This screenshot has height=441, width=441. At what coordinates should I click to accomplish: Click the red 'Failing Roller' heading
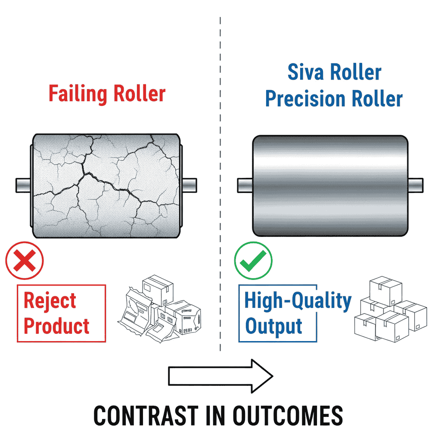[x=107, y=93]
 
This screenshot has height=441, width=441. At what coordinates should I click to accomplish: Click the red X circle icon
[x=24, y=261]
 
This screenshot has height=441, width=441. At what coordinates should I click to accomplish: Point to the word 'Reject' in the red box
[x=50, y=301]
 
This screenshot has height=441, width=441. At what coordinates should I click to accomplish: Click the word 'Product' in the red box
[x=56, y=326]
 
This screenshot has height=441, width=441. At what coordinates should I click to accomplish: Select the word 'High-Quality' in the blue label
[x=298, y=301]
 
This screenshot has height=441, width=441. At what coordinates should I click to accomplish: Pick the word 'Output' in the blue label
[x=273, y=326]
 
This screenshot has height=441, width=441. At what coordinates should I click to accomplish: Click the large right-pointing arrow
[x=220, y=376]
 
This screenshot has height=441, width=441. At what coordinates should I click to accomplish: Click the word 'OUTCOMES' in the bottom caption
[x=288, y=416]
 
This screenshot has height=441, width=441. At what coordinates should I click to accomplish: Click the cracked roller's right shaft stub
[x=189, y=185]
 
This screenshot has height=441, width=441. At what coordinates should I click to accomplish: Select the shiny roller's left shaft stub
[x=244, y=185]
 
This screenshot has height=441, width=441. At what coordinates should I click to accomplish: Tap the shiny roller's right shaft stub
[x=415, y=185]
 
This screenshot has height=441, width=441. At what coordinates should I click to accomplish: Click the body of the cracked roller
[x=106, y=185]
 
